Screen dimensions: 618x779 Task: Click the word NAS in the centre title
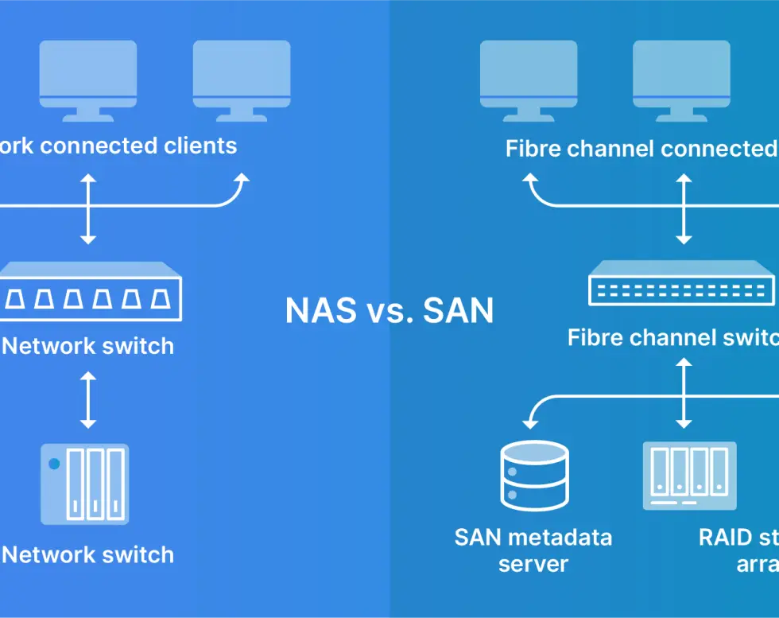click(x=321, y=310)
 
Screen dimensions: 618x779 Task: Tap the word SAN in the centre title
click(x=458, y=310)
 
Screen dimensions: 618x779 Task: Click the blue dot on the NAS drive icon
click(x=54, y=464)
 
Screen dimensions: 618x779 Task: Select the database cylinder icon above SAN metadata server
click(x=534, y=476)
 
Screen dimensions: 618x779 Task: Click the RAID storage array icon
click(x=689, y=476)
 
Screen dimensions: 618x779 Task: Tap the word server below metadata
click(x=533, y=565)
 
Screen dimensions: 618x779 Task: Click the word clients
click(x=200, y=146)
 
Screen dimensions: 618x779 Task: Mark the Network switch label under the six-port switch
click(x=88, y=346)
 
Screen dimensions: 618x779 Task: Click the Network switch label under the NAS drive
click(x=88, y=554)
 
